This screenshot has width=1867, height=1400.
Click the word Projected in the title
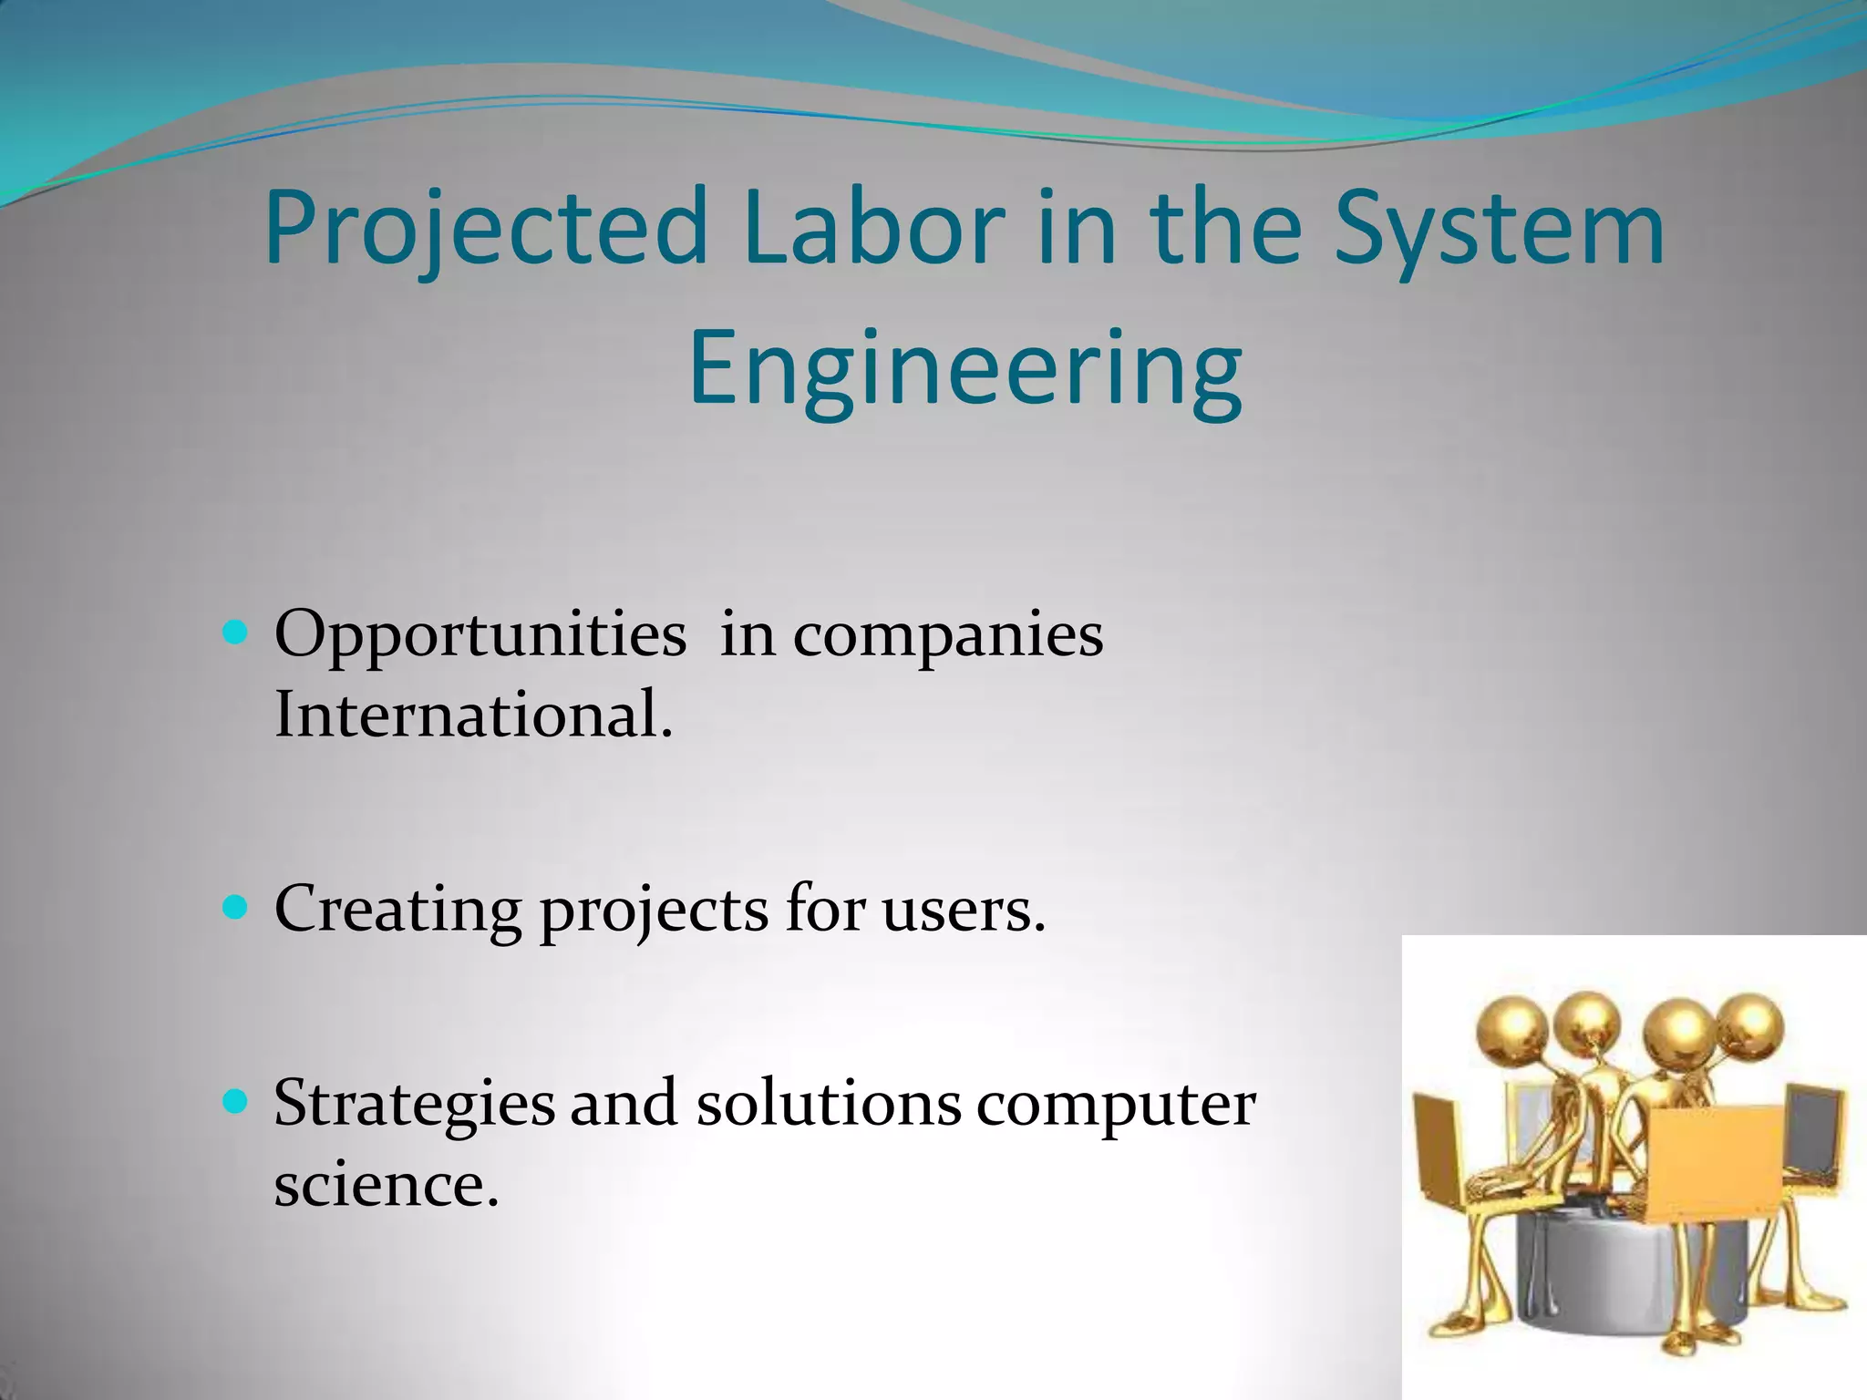[x=485, y=228]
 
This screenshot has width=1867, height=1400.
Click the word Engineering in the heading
[x=964, y=370]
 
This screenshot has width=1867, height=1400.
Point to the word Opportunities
[x=480, y=636]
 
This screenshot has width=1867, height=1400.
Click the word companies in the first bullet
[x=947, y=636]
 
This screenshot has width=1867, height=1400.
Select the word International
[x=473, y=715]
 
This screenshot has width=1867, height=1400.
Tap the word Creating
[x=397, y=910]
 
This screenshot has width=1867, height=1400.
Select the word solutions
[x=828, y=1103]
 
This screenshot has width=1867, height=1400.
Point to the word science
[x=386, y=1185]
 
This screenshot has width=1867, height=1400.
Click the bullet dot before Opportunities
[x=235, y=632]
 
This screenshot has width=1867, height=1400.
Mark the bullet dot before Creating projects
[x=235, y=908]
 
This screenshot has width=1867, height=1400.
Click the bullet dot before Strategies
[x=235, y=1103]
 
